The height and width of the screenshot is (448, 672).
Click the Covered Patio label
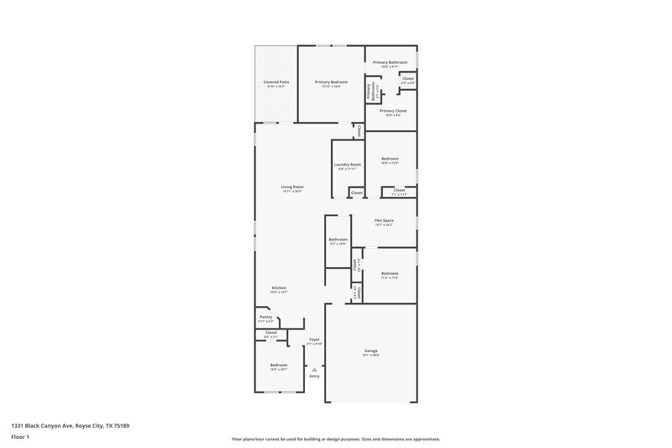276,82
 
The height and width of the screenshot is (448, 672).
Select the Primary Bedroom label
331,82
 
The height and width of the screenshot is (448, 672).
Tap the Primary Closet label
392,111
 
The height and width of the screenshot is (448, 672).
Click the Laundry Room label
347,165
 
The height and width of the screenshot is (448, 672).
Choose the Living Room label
291,187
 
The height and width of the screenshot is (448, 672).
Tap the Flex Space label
384,221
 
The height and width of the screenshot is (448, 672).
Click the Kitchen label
279,288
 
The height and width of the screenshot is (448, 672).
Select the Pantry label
265,317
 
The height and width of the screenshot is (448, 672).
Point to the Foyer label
313,340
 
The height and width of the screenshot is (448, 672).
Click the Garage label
370,350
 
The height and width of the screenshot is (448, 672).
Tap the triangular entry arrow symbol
314,368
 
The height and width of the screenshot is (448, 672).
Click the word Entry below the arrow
314,376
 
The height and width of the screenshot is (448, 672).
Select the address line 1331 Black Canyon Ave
71,425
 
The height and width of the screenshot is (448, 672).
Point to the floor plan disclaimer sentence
335,439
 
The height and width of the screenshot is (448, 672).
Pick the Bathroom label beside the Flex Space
338,240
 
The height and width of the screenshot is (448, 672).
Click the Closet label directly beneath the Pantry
270,333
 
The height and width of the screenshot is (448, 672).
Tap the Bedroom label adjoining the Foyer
278,365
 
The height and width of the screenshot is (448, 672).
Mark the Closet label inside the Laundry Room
356,192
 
